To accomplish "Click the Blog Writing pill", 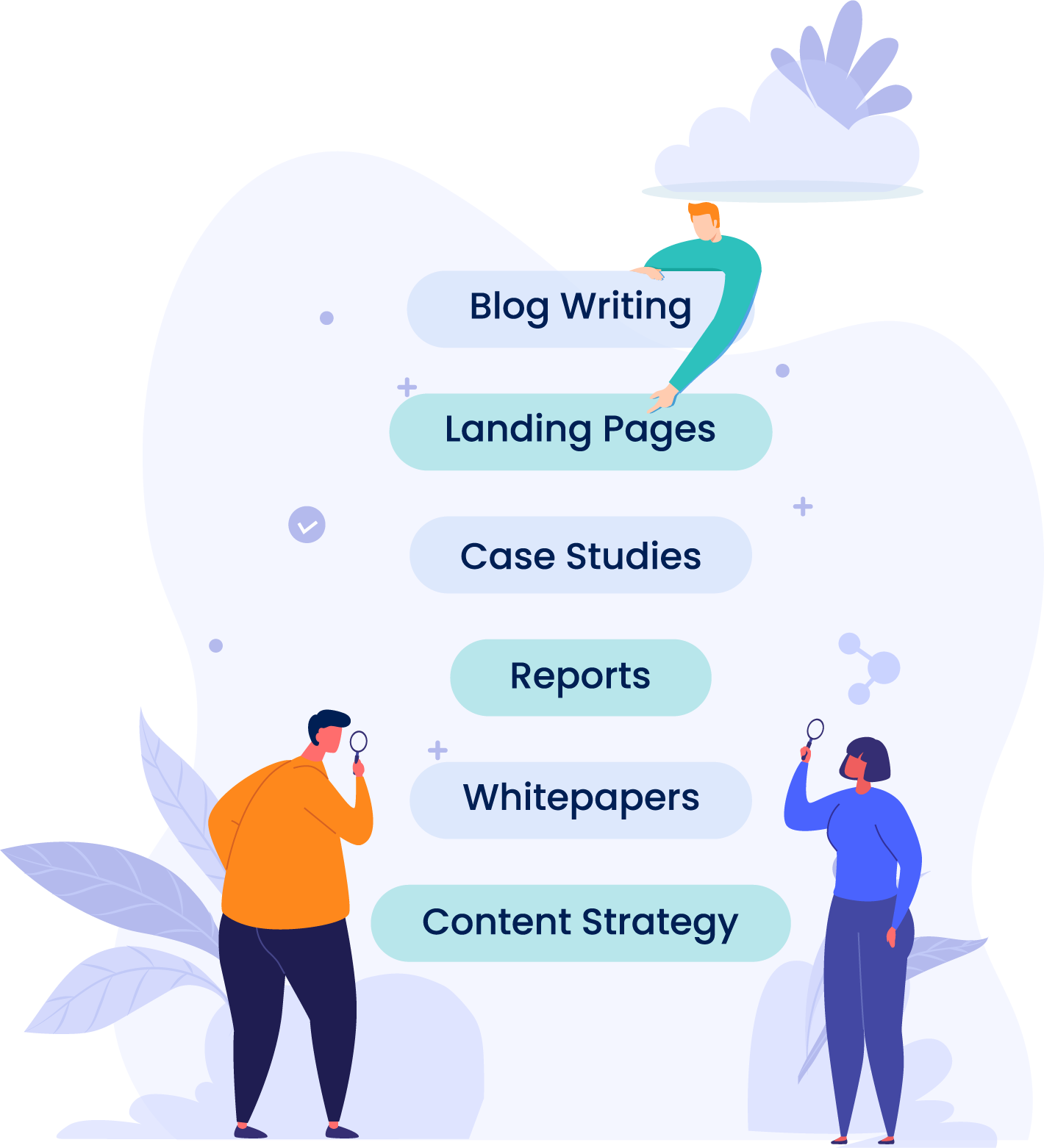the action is [x=559, y=309].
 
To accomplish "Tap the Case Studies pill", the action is [x=580, y=555].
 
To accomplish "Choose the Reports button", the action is [x=580, y=677].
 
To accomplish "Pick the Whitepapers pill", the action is [x=580, y=800].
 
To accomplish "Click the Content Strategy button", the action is [x=580, y=922].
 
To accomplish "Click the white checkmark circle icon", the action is [x=307, y=525].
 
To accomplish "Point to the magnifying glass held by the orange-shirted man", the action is [x=358, y=742].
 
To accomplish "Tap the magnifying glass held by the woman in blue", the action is [x=815, y=730].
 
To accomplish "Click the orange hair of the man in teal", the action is [x=704, y=212].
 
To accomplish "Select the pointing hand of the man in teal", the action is [x=661, y=400].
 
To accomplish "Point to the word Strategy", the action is [x=659, y=923].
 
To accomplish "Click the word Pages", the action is [x=659, y=431].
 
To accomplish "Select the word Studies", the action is [x=633, y=556].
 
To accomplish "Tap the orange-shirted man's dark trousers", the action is [x=287, y=1014].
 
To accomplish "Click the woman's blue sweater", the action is [x=871, y=845].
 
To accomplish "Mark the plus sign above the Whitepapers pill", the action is [x=437, y=750].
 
